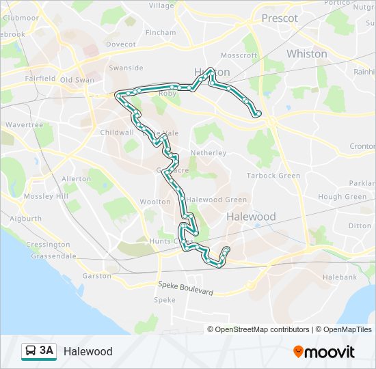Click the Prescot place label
click(280, 18)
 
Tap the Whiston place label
click(307, 53)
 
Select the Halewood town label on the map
click(251, 217)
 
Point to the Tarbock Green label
click(273, 176)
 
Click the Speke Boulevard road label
click(185, 288)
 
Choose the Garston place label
click(96, 276)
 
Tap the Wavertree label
click(24, 125)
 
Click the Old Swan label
click(77, 79)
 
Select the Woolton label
click(155, 202)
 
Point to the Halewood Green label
click(217, 200)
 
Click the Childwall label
click(116, 133)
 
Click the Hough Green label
click(343, 197)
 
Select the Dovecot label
click(121, 44)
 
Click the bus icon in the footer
click(30, 351)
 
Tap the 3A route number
click(46, 351)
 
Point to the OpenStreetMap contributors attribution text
click(258, 329)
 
